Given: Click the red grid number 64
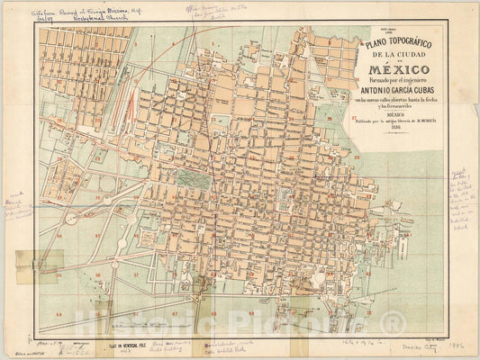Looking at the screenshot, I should [59, 313].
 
